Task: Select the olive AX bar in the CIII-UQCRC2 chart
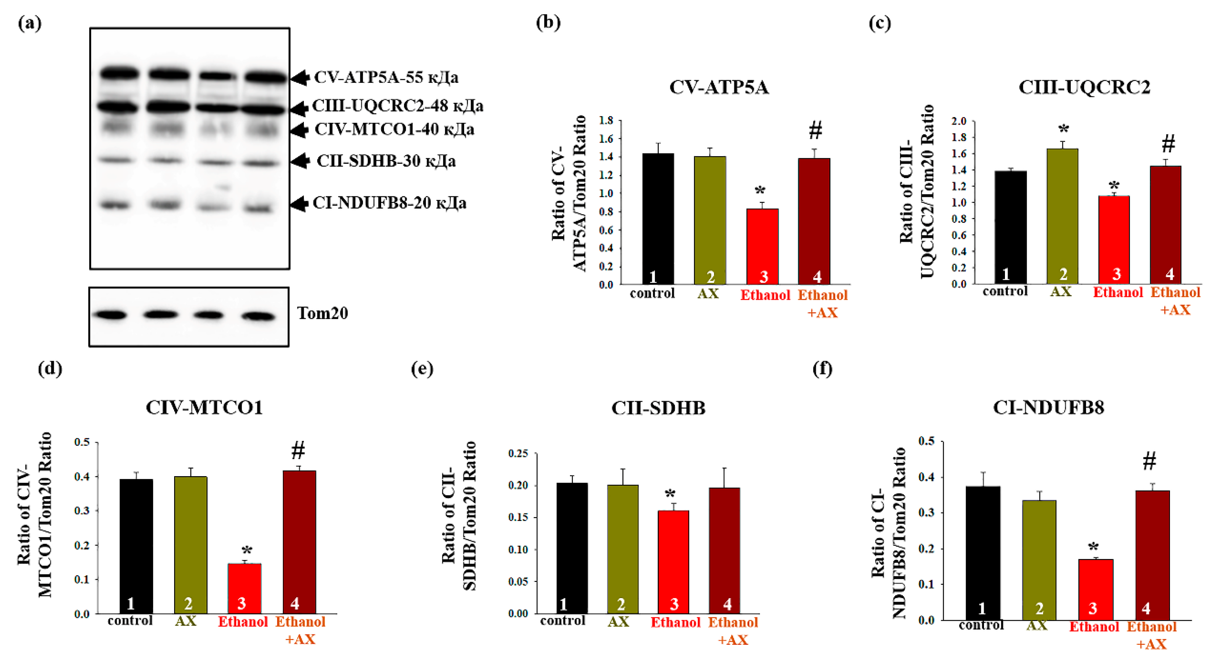click(x=1062, y=217)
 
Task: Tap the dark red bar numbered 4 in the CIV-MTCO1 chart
click(x=299, y=541)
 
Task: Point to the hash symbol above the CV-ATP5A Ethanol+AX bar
click(x=815, y=130)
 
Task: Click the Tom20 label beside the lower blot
click(x=322, y=313)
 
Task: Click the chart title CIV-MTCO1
click(x=204, y=407)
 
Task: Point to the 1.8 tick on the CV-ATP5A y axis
click(x=606, y=121)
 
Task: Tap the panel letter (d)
click(x=50, y=369)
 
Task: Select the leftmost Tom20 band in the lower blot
click(x=111, y=315)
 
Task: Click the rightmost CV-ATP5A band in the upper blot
click(x=265, y=77)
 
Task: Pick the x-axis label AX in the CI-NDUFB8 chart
click(x=1036, y=626)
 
